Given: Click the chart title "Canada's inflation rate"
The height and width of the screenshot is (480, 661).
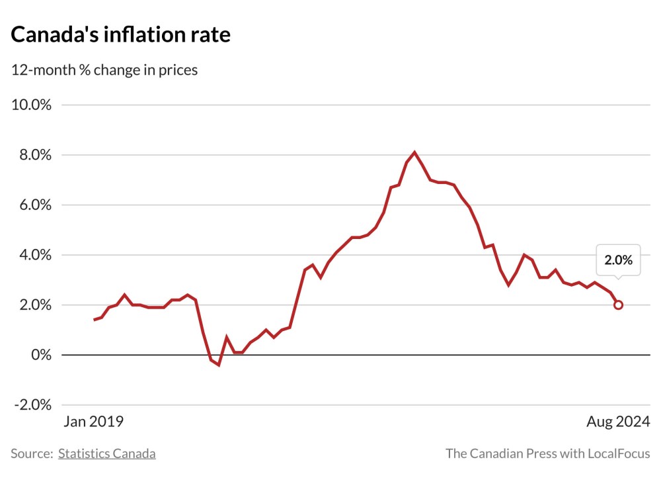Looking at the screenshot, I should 121,35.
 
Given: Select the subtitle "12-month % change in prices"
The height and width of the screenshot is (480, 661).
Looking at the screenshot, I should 104,70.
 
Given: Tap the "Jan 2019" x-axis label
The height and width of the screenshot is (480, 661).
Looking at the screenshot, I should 93,422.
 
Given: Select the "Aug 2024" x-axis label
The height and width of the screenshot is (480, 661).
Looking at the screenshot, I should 618,422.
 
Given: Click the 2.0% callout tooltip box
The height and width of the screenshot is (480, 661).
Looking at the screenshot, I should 618,260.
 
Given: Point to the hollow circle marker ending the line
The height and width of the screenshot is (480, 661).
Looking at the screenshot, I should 618,305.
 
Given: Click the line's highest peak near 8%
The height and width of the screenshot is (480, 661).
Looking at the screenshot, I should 414,152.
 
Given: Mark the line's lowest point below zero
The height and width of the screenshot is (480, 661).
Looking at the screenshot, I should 218,365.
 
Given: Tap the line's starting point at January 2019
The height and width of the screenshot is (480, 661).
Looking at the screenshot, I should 95,320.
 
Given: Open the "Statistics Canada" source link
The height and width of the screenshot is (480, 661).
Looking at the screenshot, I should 107,454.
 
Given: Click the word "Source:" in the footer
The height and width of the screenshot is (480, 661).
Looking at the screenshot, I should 31,454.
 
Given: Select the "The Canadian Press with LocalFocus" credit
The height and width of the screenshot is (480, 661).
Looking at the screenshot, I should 548,454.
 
